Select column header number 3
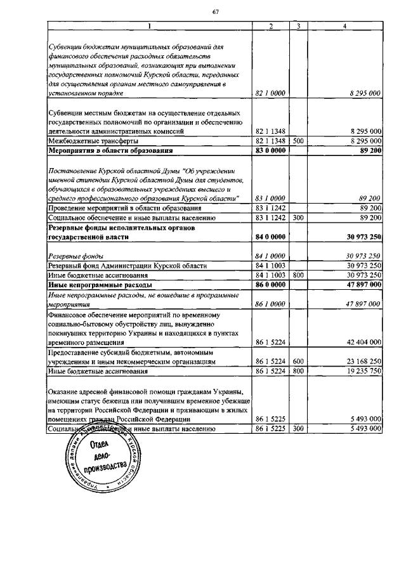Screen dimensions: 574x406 (x=298, y=26)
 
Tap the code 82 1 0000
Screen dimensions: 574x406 (x=270, y=93)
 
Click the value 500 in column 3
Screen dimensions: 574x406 (x=298, y=140)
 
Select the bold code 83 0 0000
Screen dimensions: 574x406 (x=270, y=150)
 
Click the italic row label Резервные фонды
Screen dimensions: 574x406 (x=72, y=256)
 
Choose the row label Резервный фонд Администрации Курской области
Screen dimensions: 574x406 (x=121, y=265)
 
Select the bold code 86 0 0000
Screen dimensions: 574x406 (x=270, y=285)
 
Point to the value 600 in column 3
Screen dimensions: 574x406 (x=298, y=360)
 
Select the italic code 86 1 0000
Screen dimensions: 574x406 (x=270, y=304)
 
